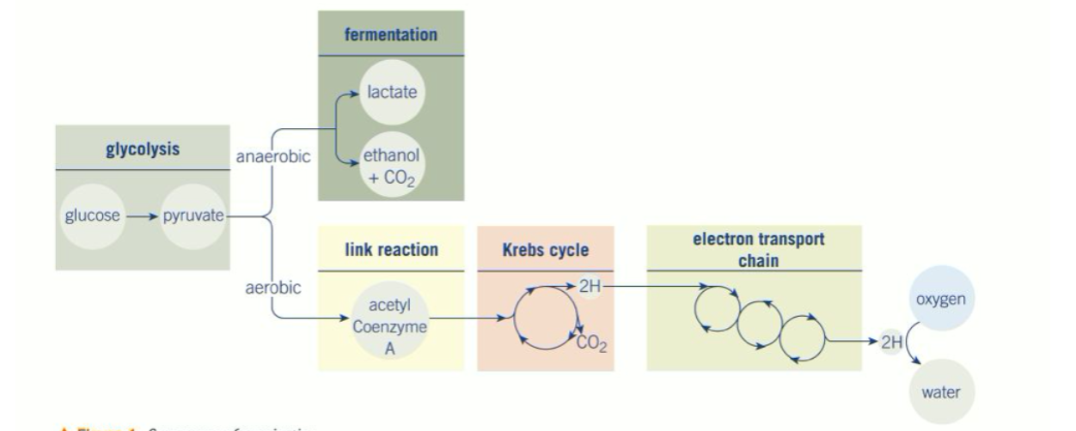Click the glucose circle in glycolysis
[92, 215]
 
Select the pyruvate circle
[193, 215]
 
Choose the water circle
[941, 392]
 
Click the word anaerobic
[273, 157]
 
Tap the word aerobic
[273, 288]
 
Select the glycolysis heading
[143, 149]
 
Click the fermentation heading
[390, 35]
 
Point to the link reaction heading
[391, 250]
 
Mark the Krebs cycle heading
[546, 250]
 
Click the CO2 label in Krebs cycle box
[591, 344]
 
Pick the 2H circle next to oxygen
[890, 342]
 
